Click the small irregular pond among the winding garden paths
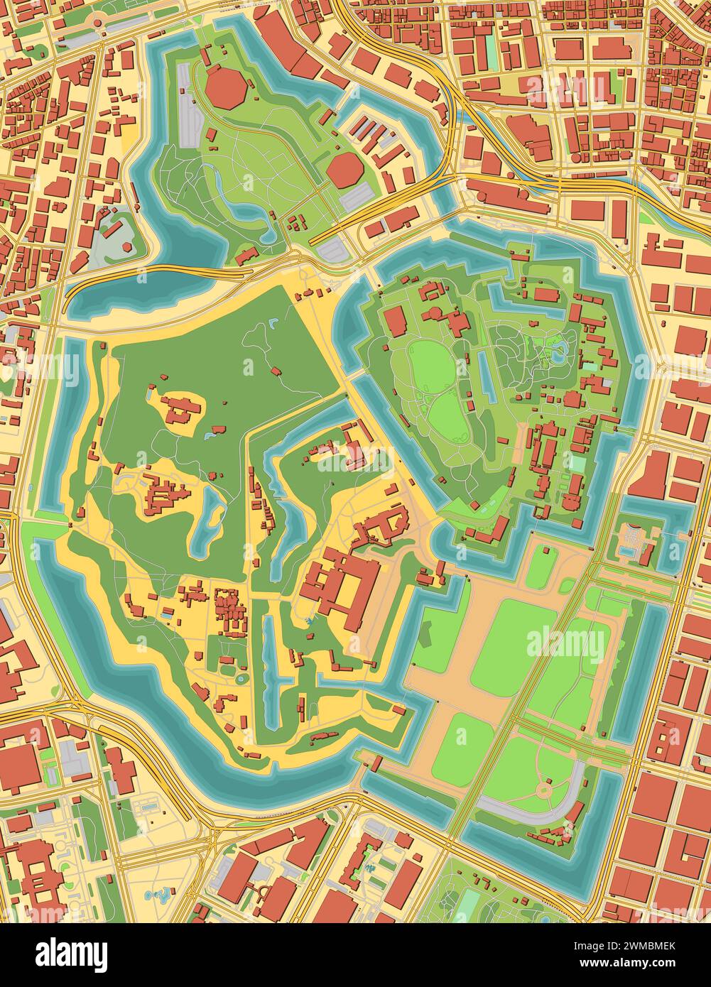[560, 348]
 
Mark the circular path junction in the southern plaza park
[545, 788]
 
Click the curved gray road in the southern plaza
[540, 812]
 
